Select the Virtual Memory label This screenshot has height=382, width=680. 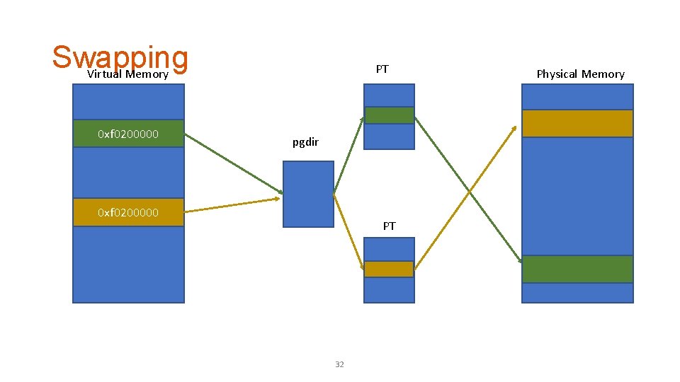pyautogui.click(x=127, y=74)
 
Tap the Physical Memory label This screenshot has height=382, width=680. pyautogui.click(x=580, y=74)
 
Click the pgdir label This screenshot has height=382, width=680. pyautogui.click(x=305, y=143)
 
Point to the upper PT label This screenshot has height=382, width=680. pyautogui.click(x=382, y=69)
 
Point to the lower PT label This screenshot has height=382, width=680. pyautogui.click(x=389, y=226)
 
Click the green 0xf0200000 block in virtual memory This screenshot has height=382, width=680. pyautogui.click(x=128, y=133)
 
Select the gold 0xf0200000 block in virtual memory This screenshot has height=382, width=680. pyautogui.click(x=128, y=212)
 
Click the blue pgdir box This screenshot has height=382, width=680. pyautogui.click(x=308, y=194)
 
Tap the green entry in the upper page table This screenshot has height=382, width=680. pyautogui.click(x=389, y=115)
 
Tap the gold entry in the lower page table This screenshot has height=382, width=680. pyautogui.click(x=389, y=270)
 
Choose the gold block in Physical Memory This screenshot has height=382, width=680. pyautogui.click(x=577, y=123)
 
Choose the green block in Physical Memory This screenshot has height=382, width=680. pyautogui.click(x=577, y=269)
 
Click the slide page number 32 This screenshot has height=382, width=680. pyautogui.click(x=339, y=364)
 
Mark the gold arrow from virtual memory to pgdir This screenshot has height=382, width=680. pyautogui.click(x=232, y=206)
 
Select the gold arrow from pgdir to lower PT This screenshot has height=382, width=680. pyautogui.click(x=348, y=231)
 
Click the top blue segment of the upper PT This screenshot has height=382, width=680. pyautogui.click(x=389, y=95)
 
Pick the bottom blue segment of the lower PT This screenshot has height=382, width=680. pyautogui.click(x=389, y=289)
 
